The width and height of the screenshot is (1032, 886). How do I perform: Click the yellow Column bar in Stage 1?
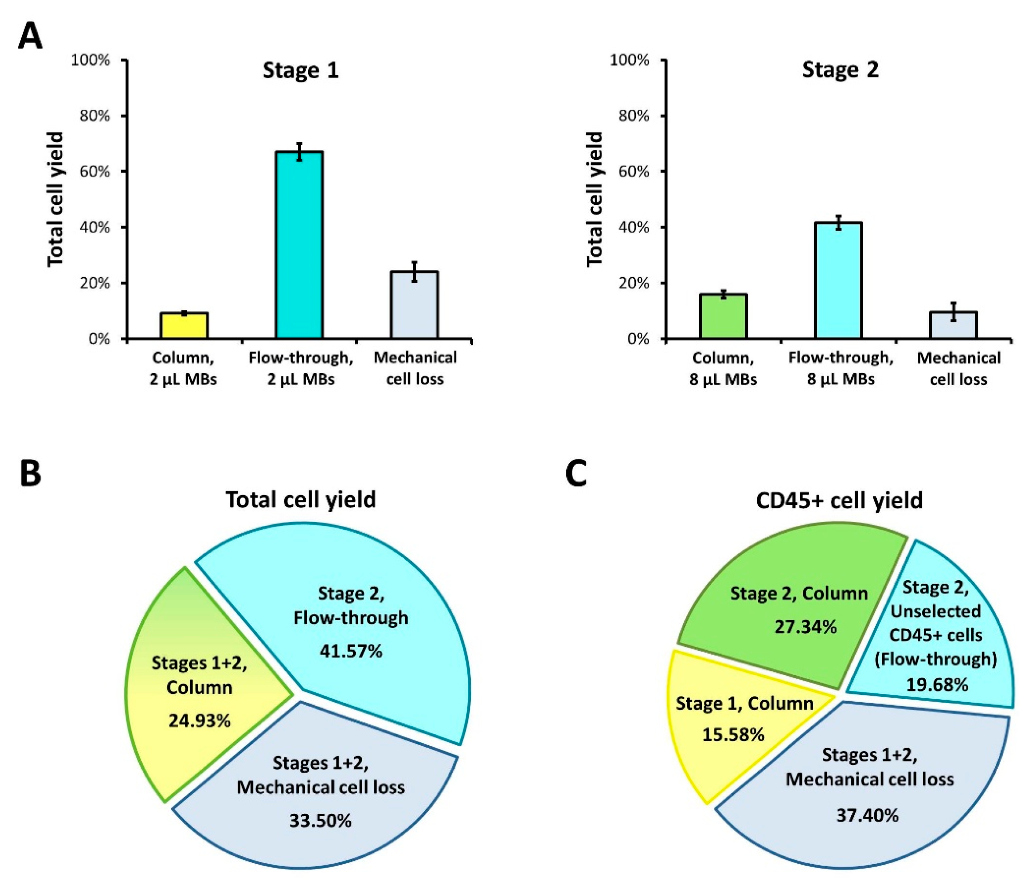(x=184, y=326)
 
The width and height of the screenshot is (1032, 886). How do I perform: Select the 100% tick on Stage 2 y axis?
(x=630, y=60)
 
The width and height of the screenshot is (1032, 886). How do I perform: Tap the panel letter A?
(x=30, y=37)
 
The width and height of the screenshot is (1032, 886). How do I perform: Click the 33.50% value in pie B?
(x=320, y=820)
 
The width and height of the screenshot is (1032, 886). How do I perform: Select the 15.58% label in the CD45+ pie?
(x=733, y=735)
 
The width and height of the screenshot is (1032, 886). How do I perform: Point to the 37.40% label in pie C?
(x=867, y=815)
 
